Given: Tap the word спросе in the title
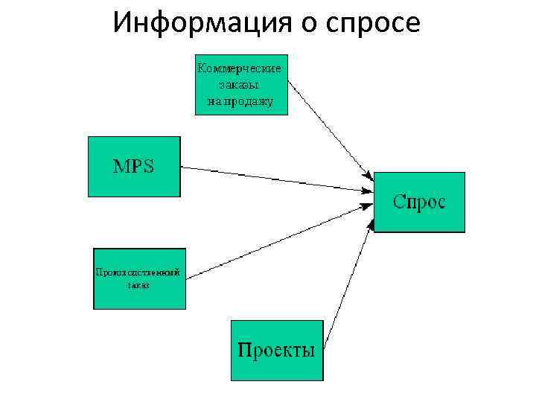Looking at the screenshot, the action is coord(371,25).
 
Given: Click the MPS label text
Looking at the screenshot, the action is coord(133,166).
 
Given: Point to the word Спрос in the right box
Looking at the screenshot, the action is coord(419,202).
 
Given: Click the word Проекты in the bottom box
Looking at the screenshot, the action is coord(275,349).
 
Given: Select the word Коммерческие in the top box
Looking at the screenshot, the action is coord(239,68).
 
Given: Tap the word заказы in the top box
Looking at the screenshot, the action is coord(239,84).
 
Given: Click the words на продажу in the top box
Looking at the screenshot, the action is coord(239,100).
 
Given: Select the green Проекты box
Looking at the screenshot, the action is coord(276,368).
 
